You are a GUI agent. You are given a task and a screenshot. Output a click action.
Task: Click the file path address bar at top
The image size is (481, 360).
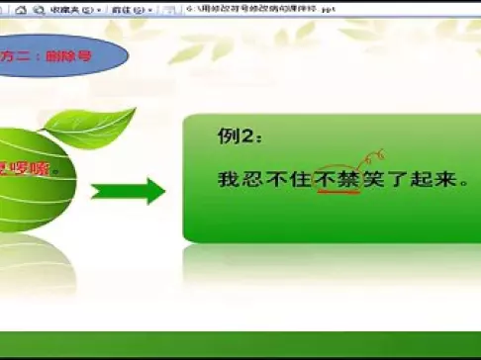[297, 9]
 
